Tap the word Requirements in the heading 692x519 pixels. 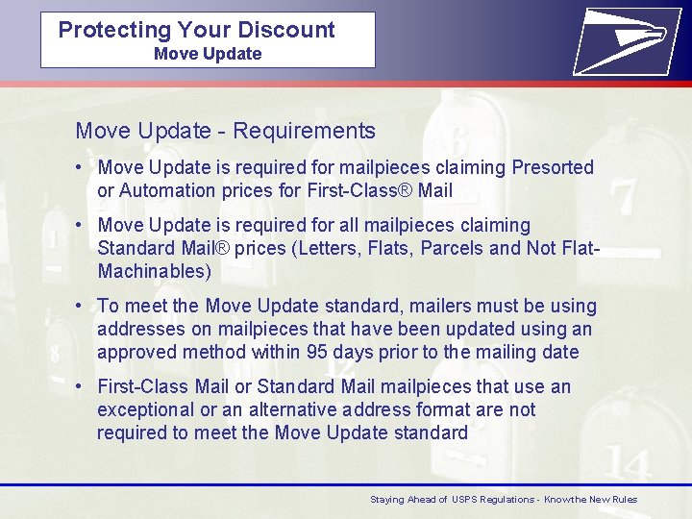coord(304,131)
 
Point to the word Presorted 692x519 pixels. coord(553,168)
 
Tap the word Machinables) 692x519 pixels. coord(154,272)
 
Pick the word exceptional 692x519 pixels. coord(145,410)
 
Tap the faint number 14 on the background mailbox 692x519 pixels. coord(629,463)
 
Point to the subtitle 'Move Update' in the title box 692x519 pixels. coord(208,54)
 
